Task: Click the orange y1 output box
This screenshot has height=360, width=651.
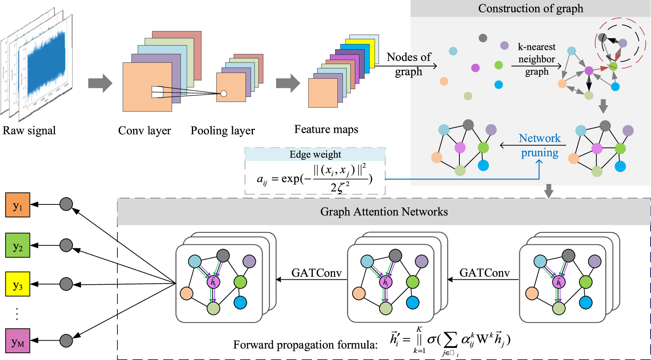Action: tap(17, 205)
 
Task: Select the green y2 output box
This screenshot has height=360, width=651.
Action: tap(17, 245)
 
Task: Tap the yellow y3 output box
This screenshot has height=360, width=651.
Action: tap(17, 284)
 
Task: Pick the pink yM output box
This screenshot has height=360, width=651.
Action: tap(17, 341)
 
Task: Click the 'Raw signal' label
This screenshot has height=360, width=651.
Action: tap(29, 131)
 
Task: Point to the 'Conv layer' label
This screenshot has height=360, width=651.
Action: tap(144, 131)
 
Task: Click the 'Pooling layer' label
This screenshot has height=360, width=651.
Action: tap(223, 131)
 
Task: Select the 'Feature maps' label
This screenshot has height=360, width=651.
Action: tap(326, 129)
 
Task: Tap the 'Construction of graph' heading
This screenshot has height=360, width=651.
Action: tap(530, 8)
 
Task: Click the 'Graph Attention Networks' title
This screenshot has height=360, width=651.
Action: tap(384, 212)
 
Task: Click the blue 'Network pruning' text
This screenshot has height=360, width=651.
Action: tap(540, 145)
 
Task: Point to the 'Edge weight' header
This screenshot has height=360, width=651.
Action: tap(315, 154)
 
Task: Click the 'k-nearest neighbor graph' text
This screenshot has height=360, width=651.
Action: tap(537, 59)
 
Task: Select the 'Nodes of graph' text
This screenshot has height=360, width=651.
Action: tap(409, 64)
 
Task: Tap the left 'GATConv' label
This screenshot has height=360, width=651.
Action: tap(316, 273)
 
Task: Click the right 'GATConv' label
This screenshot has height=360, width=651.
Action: tap(484, 273)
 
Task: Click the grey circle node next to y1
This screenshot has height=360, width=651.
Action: tap(66, 204)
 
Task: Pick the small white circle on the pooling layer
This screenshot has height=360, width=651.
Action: tap(224, 94)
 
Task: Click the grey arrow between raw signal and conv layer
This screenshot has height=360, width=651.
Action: tap(100, 83)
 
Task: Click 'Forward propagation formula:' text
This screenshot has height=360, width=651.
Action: tap(305, 345)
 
